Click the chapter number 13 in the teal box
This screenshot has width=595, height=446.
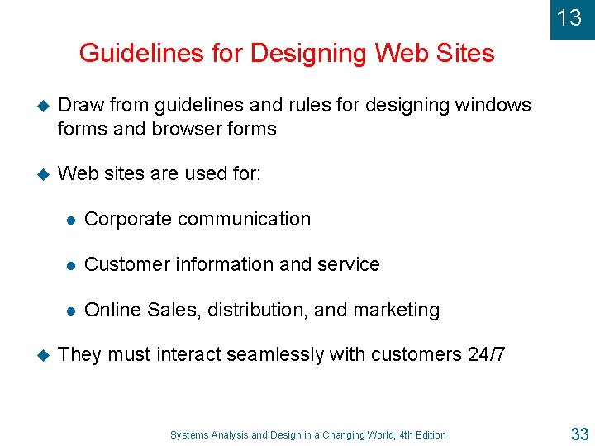click(569, 17)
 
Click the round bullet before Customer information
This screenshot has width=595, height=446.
click(71, 265)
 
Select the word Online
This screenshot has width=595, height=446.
click(112, 310)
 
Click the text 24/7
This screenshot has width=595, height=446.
click(489, 354)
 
